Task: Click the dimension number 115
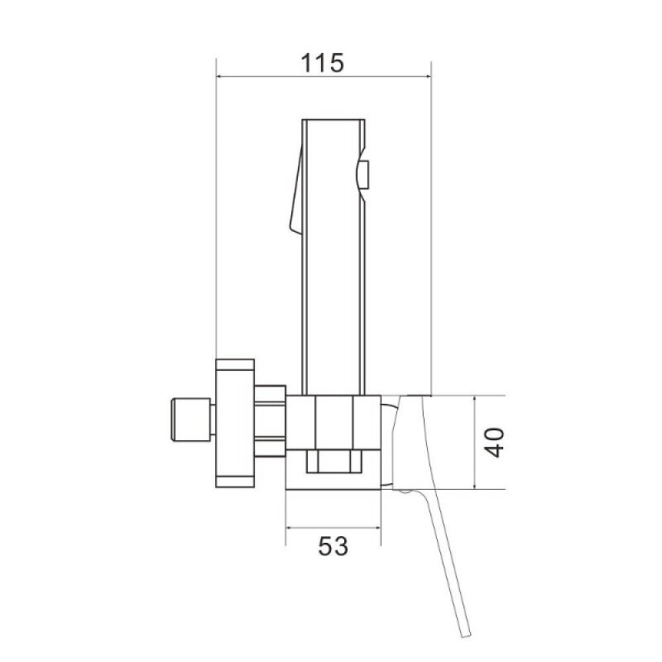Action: (x=322, y=63)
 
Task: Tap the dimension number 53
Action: (x=333, y=546)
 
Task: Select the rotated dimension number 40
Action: (x=494, y=443)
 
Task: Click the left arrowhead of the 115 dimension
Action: (x=219, y=76)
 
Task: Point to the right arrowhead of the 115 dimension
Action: (x=428, y=76)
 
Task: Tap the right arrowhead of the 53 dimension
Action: (x=377, y=527)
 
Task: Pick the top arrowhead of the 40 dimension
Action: (x=474, y=400)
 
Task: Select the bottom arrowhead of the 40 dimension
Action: (x=474, y=486)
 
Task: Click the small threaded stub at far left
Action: (x=190, y=420)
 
